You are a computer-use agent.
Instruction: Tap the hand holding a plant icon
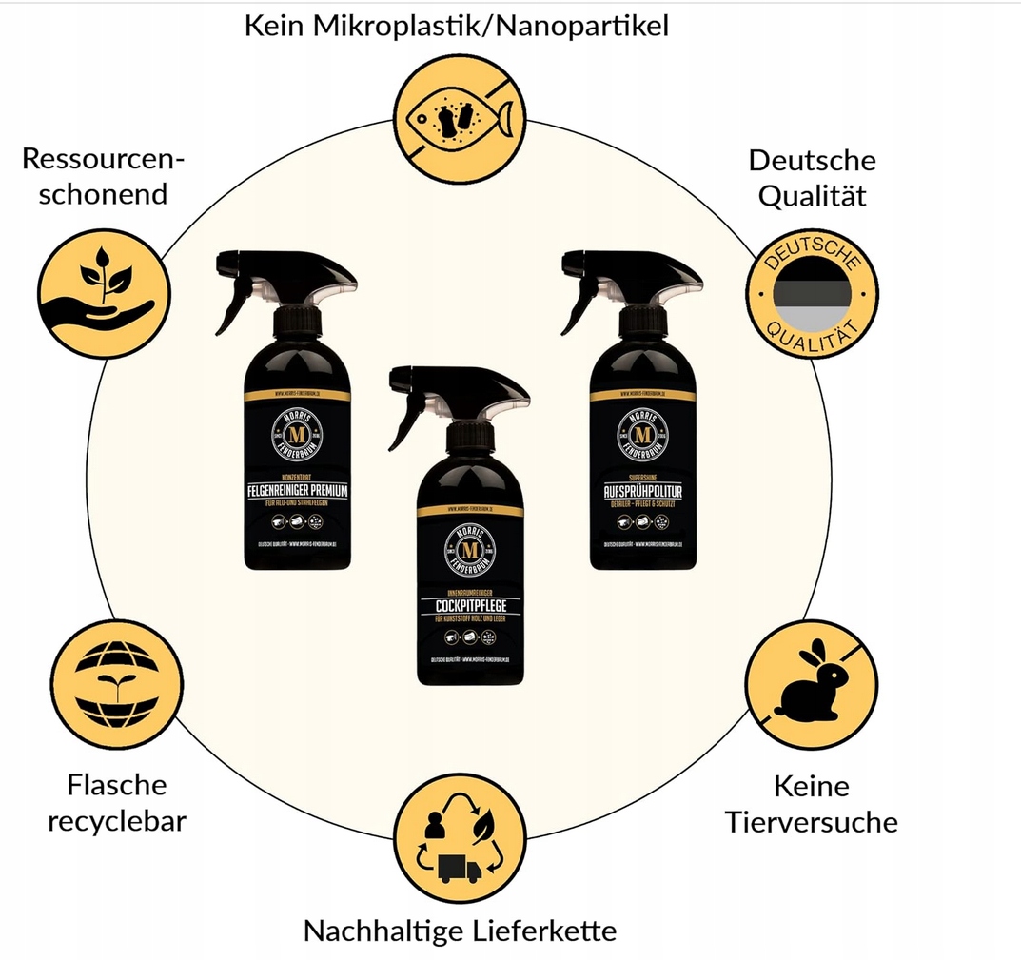coord(105,289)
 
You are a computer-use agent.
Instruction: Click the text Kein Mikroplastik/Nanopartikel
coord(457,26)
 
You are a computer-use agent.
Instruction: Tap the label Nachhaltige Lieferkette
coord(460,931)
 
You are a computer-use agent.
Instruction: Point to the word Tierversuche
coord(811,821)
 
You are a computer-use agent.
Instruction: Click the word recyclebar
coord(116,819)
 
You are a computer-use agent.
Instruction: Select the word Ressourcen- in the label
coord(103,158)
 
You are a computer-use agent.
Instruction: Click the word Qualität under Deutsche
coord(811,195)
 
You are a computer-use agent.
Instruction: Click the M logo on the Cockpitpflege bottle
coord(470,552)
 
